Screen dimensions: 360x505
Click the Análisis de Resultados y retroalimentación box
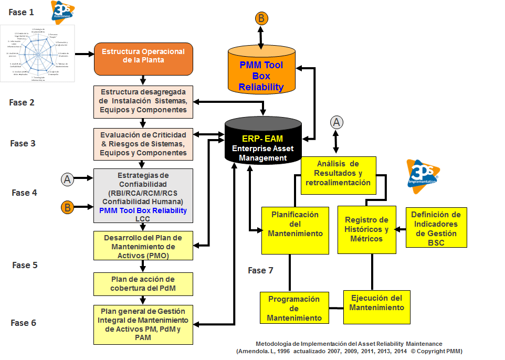click(x=338, y=173)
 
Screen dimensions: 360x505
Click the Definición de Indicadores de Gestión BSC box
click(x=436, y=228)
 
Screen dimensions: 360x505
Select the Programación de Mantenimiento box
click(x=294, y=308)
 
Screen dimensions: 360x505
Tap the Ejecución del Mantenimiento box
click(x=377, y=303)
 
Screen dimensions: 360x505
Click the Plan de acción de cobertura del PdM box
click(x=143, y=283)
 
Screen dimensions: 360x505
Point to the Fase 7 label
click(x=260, y=270)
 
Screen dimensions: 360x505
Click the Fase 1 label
click(x=22, y=11)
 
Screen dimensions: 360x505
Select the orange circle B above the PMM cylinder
click(x=261, y=18)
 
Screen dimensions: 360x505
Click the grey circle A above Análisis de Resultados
click(x=336, y=122)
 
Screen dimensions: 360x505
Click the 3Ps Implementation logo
click(x=423, y=176)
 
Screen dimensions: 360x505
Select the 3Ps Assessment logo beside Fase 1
click(x=62, y=12)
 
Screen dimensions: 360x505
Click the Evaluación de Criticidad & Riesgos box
click(x=143, y=144)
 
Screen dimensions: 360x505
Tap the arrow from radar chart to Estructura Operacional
click(x=84, y=53)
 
